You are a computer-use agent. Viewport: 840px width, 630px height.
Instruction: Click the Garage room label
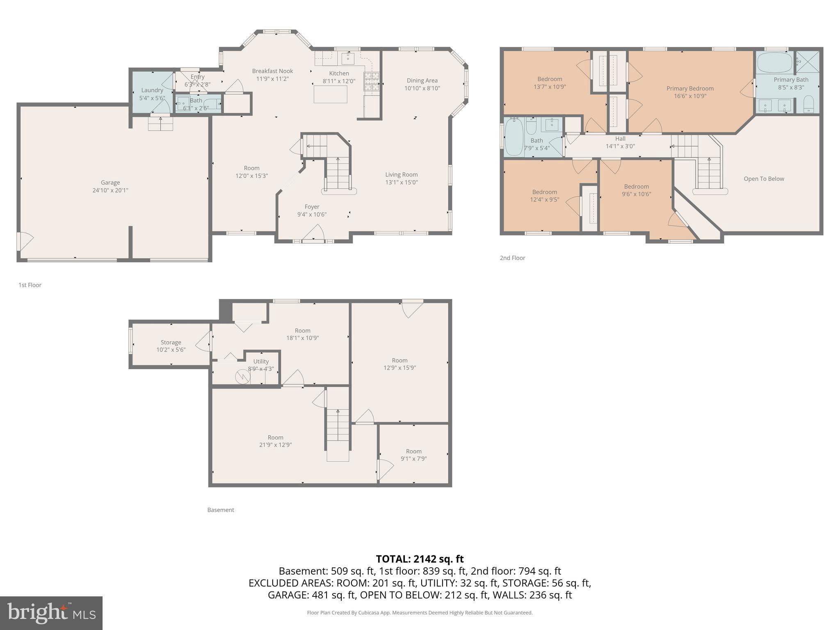[110, 183]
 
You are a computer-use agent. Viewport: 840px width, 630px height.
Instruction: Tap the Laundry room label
[152, 90]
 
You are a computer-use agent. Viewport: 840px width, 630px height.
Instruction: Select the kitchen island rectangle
[330, 94]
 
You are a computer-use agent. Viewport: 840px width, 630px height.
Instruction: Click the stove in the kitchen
[372, 81]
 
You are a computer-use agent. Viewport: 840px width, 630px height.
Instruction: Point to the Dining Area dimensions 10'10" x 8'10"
[422, 88]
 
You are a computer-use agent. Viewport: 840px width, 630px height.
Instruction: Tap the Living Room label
[401, 175]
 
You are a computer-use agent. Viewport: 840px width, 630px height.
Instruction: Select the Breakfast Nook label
[272, 71]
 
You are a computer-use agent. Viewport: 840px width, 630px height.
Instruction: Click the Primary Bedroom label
[690, 89]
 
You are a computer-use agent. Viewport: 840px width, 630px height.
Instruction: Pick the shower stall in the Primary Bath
[808, 62]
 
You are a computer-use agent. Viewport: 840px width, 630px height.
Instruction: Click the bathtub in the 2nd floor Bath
[514, 137]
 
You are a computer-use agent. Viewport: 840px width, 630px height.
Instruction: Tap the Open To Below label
[764, 179]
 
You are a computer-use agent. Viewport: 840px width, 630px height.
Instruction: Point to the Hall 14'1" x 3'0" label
[620, 142]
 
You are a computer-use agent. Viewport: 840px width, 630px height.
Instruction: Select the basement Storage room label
[171, 342]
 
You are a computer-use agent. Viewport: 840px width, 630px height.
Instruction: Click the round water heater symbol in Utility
[242, 377]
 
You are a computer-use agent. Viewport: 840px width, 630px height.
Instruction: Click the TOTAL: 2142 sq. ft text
[420, 559]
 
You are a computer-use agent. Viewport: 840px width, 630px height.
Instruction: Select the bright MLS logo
[51, 613]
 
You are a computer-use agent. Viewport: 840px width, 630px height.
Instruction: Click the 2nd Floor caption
[512, 258]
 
